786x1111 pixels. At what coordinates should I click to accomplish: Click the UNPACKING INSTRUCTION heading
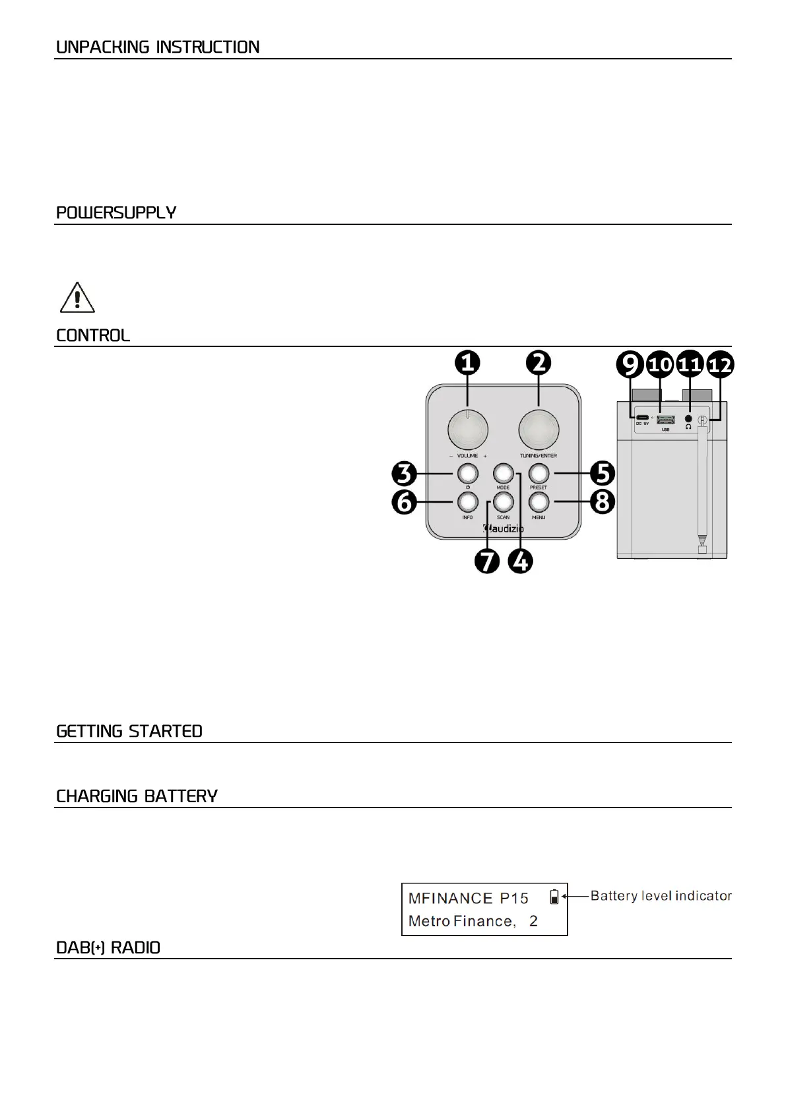158,48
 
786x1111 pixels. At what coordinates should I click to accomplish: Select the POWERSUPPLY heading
116,213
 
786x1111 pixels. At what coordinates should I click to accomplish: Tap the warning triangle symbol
77,298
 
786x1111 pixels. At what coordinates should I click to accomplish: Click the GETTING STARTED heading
129,731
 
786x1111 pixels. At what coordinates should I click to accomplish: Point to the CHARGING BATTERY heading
137,796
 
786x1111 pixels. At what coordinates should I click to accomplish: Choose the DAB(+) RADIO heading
108,948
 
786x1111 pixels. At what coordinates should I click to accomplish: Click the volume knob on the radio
468,430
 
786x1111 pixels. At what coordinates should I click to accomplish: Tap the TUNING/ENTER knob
538,430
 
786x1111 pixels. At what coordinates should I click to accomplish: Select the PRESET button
539,474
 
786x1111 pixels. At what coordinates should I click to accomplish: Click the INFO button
468,503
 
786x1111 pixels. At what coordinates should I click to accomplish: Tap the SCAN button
503,503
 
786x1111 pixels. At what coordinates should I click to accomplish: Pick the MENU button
539,503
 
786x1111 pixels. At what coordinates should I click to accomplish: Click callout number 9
630,364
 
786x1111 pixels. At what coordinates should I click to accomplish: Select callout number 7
487,561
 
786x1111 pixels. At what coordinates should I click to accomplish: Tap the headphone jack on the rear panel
689,418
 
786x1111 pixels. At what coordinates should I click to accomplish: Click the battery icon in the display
554,897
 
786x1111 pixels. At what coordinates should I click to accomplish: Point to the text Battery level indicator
661,896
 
